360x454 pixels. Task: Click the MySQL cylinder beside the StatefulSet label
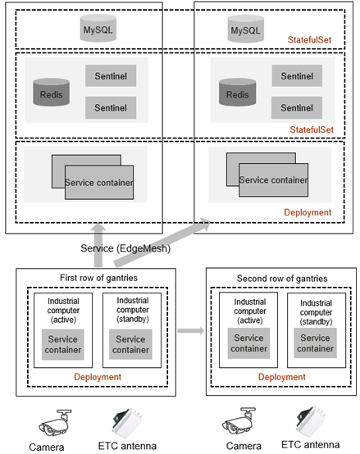(245, 29)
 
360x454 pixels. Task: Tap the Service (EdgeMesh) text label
(125, 248)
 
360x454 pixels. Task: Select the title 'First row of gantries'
(98, 278)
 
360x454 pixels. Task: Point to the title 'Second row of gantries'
(282, 279)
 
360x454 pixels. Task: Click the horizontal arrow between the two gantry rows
(191, 330)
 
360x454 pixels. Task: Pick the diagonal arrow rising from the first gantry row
(162, 243)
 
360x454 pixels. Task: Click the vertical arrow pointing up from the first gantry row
(98, 245)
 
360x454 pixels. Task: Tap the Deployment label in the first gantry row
(98, 377)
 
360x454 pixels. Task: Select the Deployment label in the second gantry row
(282, 377)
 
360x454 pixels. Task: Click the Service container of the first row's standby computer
(130, 344)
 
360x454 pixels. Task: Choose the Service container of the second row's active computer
(248, 343)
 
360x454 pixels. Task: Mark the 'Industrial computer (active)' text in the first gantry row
(63, 310)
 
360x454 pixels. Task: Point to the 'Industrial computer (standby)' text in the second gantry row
(316, 312)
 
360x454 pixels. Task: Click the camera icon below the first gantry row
(55, 423)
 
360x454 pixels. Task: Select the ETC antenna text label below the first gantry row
(127, 446)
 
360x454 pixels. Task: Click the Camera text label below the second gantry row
(244, 446)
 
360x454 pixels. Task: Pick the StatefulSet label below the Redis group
(312, 129)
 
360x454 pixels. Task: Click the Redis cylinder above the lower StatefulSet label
(238, 92)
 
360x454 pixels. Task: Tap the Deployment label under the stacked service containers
(308, 212)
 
